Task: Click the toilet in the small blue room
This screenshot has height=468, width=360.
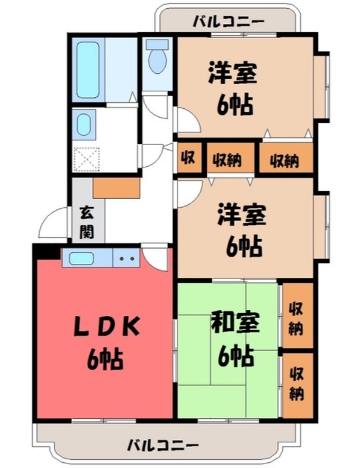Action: click(x=157, y=61)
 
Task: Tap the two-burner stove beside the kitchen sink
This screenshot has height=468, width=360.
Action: click(x=126, y=257)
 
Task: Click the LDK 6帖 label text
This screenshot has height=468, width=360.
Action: click(x=105, y=342)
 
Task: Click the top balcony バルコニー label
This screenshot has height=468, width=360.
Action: click(x=229, y=22)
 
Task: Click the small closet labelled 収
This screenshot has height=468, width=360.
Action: click(x=188, y=158)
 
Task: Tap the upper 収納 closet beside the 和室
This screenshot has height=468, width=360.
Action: click(x=296, y=318)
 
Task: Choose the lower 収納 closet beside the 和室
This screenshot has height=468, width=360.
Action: click(x=296, y=383)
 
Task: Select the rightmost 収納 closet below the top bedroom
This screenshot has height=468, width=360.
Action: click(x=284, y=159)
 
